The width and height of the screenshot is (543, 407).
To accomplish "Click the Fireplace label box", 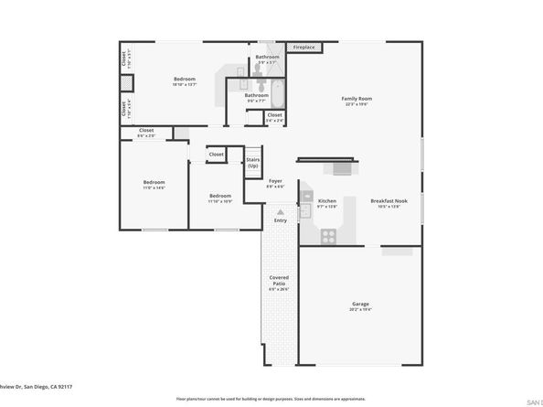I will pyautogui.click(x=303, y=47).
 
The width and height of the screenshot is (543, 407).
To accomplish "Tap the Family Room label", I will pyautogui.click(x=357, y=101).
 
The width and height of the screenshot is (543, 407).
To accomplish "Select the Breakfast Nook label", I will pyautogui.click(x=386, y=203).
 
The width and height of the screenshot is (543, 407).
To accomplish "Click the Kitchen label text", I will pyautogui.click(x=326, y=203).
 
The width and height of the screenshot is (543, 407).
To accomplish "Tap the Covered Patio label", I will pyautogui.click(x=279, y=282).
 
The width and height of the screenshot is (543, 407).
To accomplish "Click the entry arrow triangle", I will pyautogui.click(x=280, y=211).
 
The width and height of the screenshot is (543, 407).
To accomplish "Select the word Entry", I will pyautogui.click(x=280, y=220).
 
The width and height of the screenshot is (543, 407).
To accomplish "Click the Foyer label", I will pyautogui.click(x=275, y=183).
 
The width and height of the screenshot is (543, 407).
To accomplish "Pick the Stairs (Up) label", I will pyautogui.click(x=253, y=163).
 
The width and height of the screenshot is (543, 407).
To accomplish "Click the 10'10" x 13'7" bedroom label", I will pyautogui.click(x=185, y=81).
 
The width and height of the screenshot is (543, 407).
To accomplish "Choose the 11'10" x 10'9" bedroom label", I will pyautogui.click(x=219, y=198).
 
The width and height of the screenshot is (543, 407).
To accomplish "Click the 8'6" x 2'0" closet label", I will pyautogui.click(x=146, y=133).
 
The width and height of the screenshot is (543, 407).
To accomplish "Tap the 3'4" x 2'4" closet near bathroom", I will pyautogui.click(x=274, y=117).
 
